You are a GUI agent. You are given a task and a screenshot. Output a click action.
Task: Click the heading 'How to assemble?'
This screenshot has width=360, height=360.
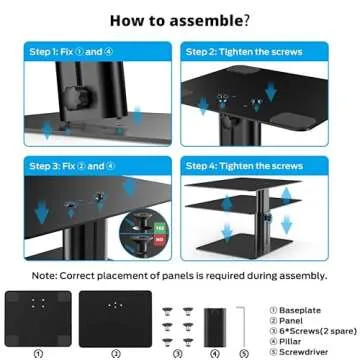[180, 19]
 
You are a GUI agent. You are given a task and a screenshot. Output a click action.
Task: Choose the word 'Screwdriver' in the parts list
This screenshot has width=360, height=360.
[306, 343]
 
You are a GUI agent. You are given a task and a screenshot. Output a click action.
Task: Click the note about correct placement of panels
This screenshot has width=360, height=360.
[180, 272]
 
